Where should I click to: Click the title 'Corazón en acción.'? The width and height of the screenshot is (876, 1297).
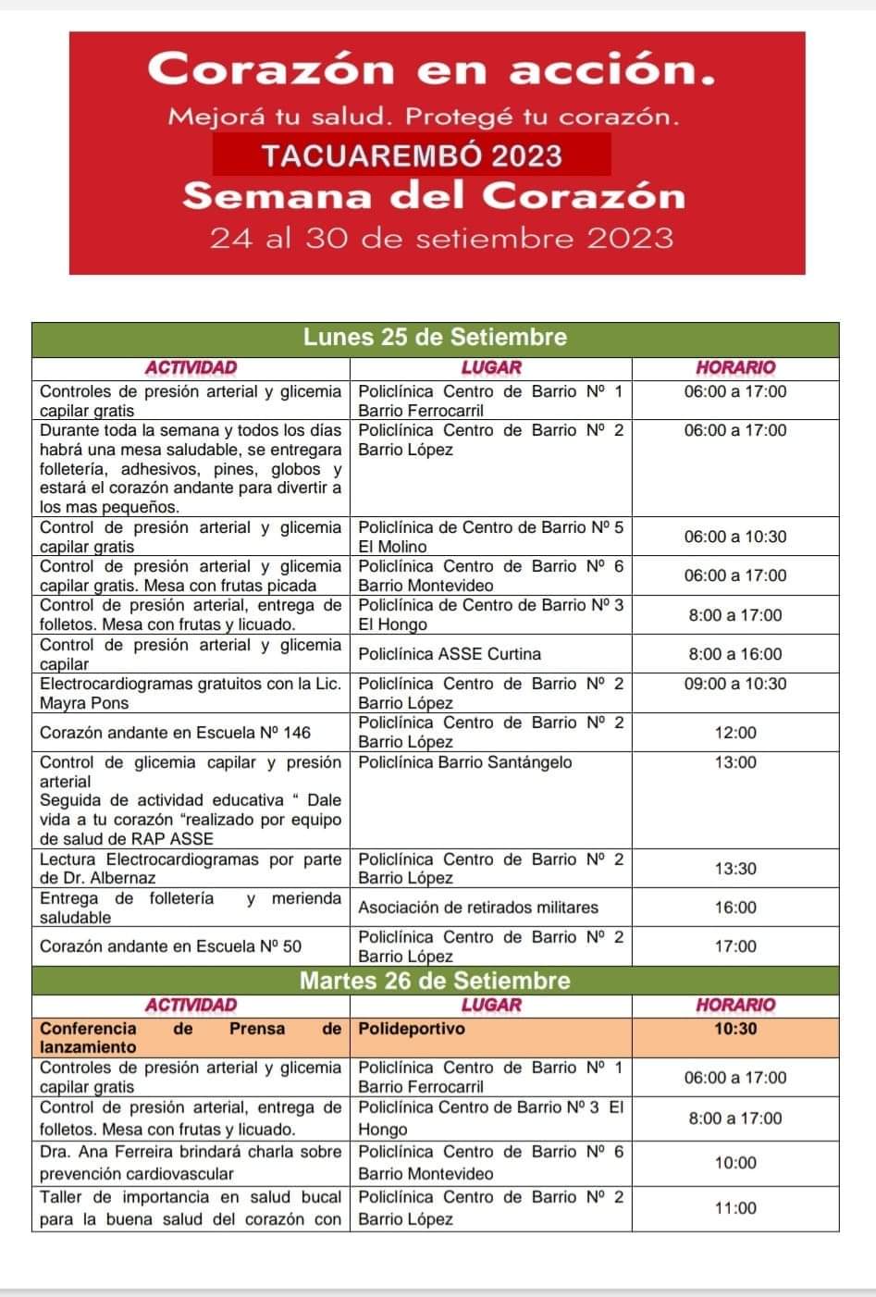click(x=431, y=68)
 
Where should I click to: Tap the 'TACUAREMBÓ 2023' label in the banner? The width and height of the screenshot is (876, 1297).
click(x=412, y=154)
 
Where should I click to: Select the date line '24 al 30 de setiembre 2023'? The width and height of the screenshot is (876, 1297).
click(x=441, y=238)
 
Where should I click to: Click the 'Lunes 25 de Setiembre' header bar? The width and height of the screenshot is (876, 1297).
click(x=435, y=337)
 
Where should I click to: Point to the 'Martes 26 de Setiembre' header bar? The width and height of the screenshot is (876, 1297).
click(x=435, y=981)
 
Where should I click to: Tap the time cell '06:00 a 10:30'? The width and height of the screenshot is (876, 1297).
click(x=734, y=537)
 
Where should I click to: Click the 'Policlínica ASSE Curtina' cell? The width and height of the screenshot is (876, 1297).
click(x=450, y=654)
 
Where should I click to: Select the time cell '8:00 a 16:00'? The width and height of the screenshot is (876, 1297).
click(x=734, y=654)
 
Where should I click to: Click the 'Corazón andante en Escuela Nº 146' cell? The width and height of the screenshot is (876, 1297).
click(x=176, y=733)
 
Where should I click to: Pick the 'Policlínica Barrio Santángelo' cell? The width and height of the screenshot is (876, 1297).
click(x=464, y=762)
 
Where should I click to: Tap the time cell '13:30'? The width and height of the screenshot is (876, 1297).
click(x=734, y=869)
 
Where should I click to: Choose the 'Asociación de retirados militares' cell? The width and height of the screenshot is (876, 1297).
click(x=478, y=908)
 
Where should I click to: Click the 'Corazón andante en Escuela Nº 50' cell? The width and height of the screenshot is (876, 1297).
click(x=171, y=946)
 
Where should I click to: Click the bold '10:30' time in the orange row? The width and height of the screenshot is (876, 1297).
click(x=734, y=1029)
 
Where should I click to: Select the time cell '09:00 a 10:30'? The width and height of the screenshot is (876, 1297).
click(x=734, y=684)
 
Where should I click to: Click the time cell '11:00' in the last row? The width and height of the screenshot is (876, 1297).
click(x=734, y=1208)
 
